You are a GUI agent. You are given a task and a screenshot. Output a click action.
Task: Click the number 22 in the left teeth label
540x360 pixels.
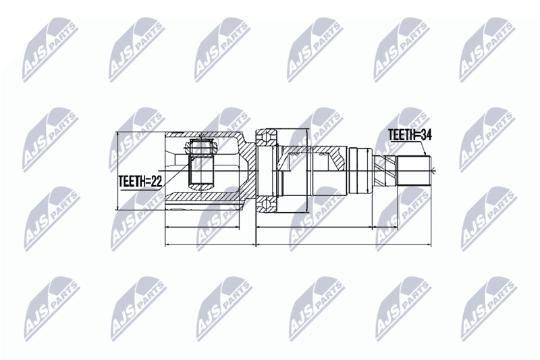point(157,181)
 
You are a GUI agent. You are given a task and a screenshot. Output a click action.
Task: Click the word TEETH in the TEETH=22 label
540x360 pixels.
point(132,181)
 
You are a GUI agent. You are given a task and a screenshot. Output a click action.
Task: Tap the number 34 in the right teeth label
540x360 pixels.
point(427,134)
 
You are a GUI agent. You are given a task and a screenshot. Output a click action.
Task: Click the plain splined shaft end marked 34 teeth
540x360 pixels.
point(414,171)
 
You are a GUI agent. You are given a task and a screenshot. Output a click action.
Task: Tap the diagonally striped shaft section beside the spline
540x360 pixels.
point(386,170)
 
